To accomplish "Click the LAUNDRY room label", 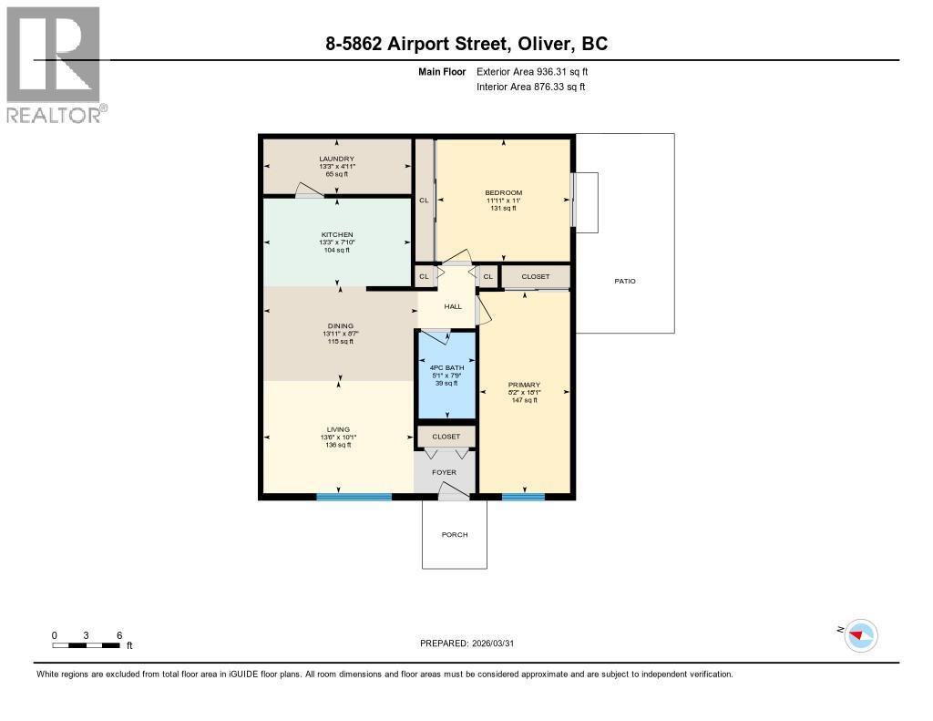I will (x=336, y=159).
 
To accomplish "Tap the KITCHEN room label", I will (x=336, y=234).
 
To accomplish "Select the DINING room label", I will (x=340, y=325).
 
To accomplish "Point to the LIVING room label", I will (x=339, y=429).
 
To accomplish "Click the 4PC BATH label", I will (x=446, y=367).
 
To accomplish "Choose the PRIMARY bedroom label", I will (x=524, y=385).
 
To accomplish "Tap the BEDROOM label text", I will (x=503, y=192).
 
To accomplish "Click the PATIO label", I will (x=625, y=281).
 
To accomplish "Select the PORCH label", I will (x=454, y=534).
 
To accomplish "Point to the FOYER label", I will (x=444, y=472).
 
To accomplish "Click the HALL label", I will (x=453, y=306).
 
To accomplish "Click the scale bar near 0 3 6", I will (x=87, y=645).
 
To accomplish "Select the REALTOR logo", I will (x=55, y=65).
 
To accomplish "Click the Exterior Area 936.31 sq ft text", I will (x=538, y=71).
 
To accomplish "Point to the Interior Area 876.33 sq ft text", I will (x=530, y=87).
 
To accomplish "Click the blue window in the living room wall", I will (x=354, y=497).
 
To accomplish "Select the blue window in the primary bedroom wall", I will (x=523, y=497).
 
